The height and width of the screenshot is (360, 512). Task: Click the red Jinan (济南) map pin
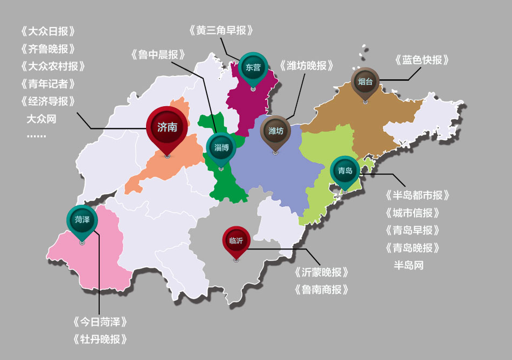(167, 127)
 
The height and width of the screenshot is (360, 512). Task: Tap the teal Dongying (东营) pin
(253, 67)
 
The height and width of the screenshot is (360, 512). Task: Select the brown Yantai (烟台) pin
(365, 82)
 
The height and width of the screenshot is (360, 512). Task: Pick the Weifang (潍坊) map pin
(275, 131)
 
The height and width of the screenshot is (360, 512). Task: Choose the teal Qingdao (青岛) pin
(345, 171)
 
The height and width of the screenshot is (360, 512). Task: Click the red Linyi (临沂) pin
(236, 241)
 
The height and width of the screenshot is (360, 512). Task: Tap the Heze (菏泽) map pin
(82, 220)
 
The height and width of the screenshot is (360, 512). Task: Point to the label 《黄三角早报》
(221, 30)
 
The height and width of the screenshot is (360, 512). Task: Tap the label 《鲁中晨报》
(158, 54)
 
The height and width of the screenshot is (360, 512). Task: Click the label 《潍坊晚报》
(307, 66)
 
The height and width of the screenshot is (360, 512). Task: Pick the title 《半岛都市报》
(417, 195)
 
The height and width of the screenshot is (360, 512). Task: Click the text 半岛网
(409, 265)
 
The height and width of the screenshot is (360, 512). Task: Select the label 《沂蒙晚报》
(322, 272)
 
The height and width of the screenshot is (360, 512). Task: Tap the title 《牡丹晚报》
(100, 340)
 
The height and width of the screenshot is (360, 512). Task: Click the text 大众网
(41, 119)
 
